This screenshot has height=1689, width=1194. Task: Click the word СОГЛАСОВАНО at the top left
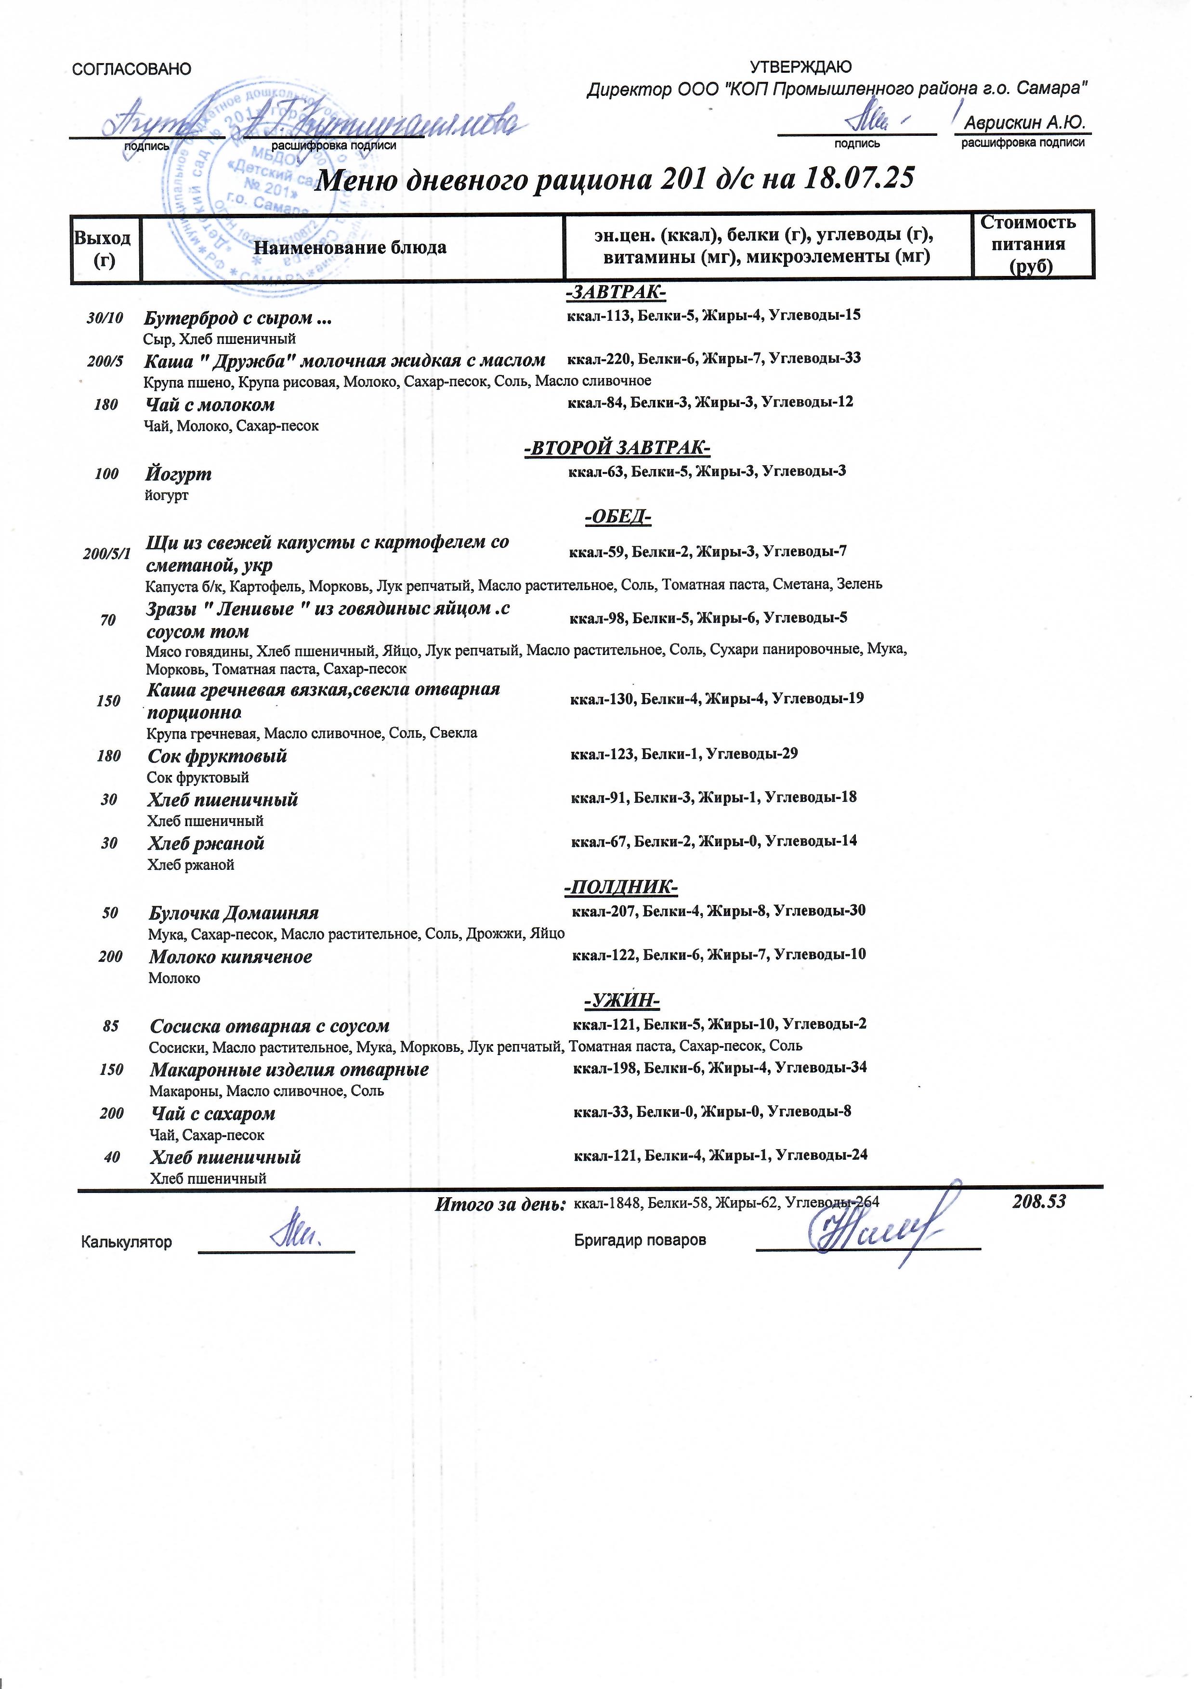[x=131, y=69]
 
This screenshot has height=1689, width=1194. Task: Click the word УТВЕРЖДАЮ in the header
[x=800, y=67]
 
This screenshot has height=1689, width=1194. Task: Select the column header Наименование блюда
[x=350, y=247]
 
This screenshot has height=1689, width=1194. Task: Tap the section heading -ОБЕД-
[x=618, y=518]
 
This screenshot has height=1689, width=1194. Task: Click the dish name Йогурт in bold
[x=178, y=474]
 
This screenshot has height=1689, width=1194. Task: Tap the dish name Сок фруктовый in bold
[x=217, y=756]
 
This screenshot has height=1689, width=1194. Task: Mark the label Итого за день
[x=500, y=1204]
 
